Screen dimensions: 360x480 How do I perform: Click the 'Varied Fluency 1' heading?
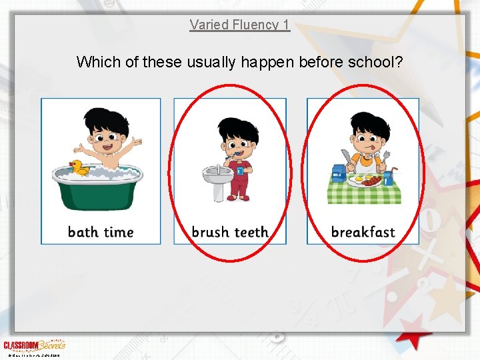pos(239,25)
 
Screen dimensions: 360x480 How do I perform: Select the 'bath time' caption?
pos(101,232)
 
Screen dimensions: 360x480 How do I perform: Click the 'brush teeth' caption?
pos(230,232)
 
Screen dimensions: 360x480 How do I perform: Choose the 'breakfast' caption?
pos(363,232)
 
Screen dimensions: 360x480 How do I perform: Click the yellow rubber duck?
pos(81,167)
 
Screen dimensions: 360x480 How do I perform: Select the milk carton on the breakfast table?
pos(338,173)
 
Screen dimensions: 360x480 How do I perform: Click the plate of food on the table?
pos(365,180)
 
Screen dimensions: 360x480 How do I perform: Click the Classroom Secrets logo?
pos(34,345)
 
